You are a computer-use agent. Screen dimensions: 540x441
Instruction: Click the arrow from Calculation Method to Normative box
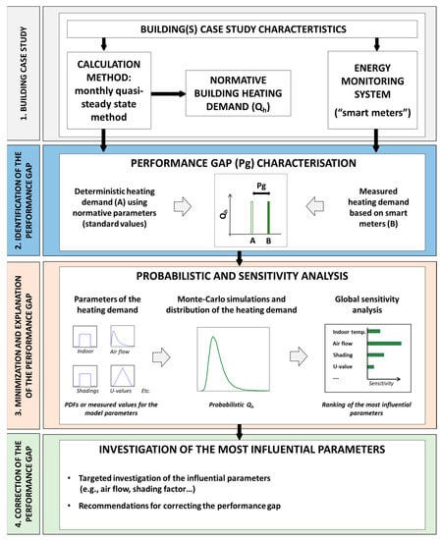click(170, 95)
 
